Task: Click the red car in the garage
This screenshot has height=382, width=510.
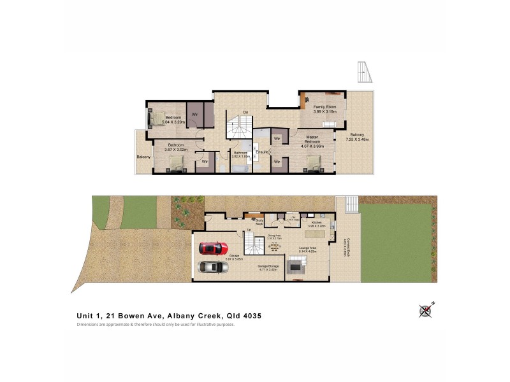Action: point(213,247)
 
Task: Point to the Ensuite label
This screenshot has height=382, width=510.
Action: point(262,152)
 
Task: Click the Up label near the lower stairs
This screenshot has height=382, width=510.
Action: point(241,230)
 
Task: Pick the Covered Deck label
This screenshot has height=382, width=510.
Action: point(345,244)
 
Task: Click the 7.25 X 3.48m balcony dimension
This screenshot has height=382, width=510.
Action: point(358,138)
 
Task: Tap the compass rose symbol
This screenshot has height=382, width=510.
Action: point(426,310)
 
